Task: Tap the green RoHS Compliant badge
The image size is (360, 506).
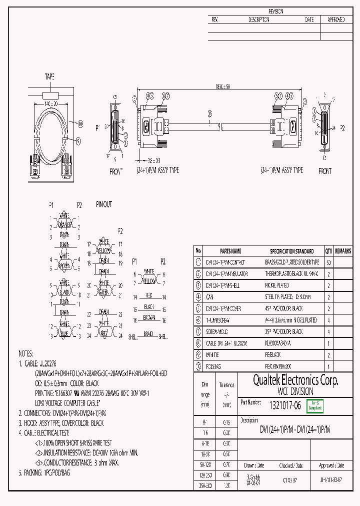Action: click(x=315, y=405)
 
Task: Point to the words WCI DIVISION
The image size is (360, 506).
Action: click(x=289, y=391)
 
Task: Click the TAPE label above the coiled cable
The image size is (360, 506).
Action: click(x=49, y=76)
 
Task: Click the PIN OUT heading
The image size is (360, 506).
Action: click(x=104, y=204)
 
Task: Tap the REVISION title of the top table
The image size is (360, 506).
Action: click(x=275, y=11)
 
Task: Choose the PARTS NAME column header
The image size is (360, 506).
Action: click(x=230, y=251)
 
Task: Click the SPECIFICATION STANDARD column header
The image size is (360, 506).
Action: click(x=292, y=251)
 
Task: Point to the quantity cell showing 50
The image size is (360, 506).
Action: click(x=328, y=262)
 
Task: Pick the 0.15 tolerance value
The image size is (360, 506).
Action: click(x=226, y=422)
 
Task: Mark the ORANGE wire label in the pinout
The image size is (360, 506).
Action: click(x=64, y=224)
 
